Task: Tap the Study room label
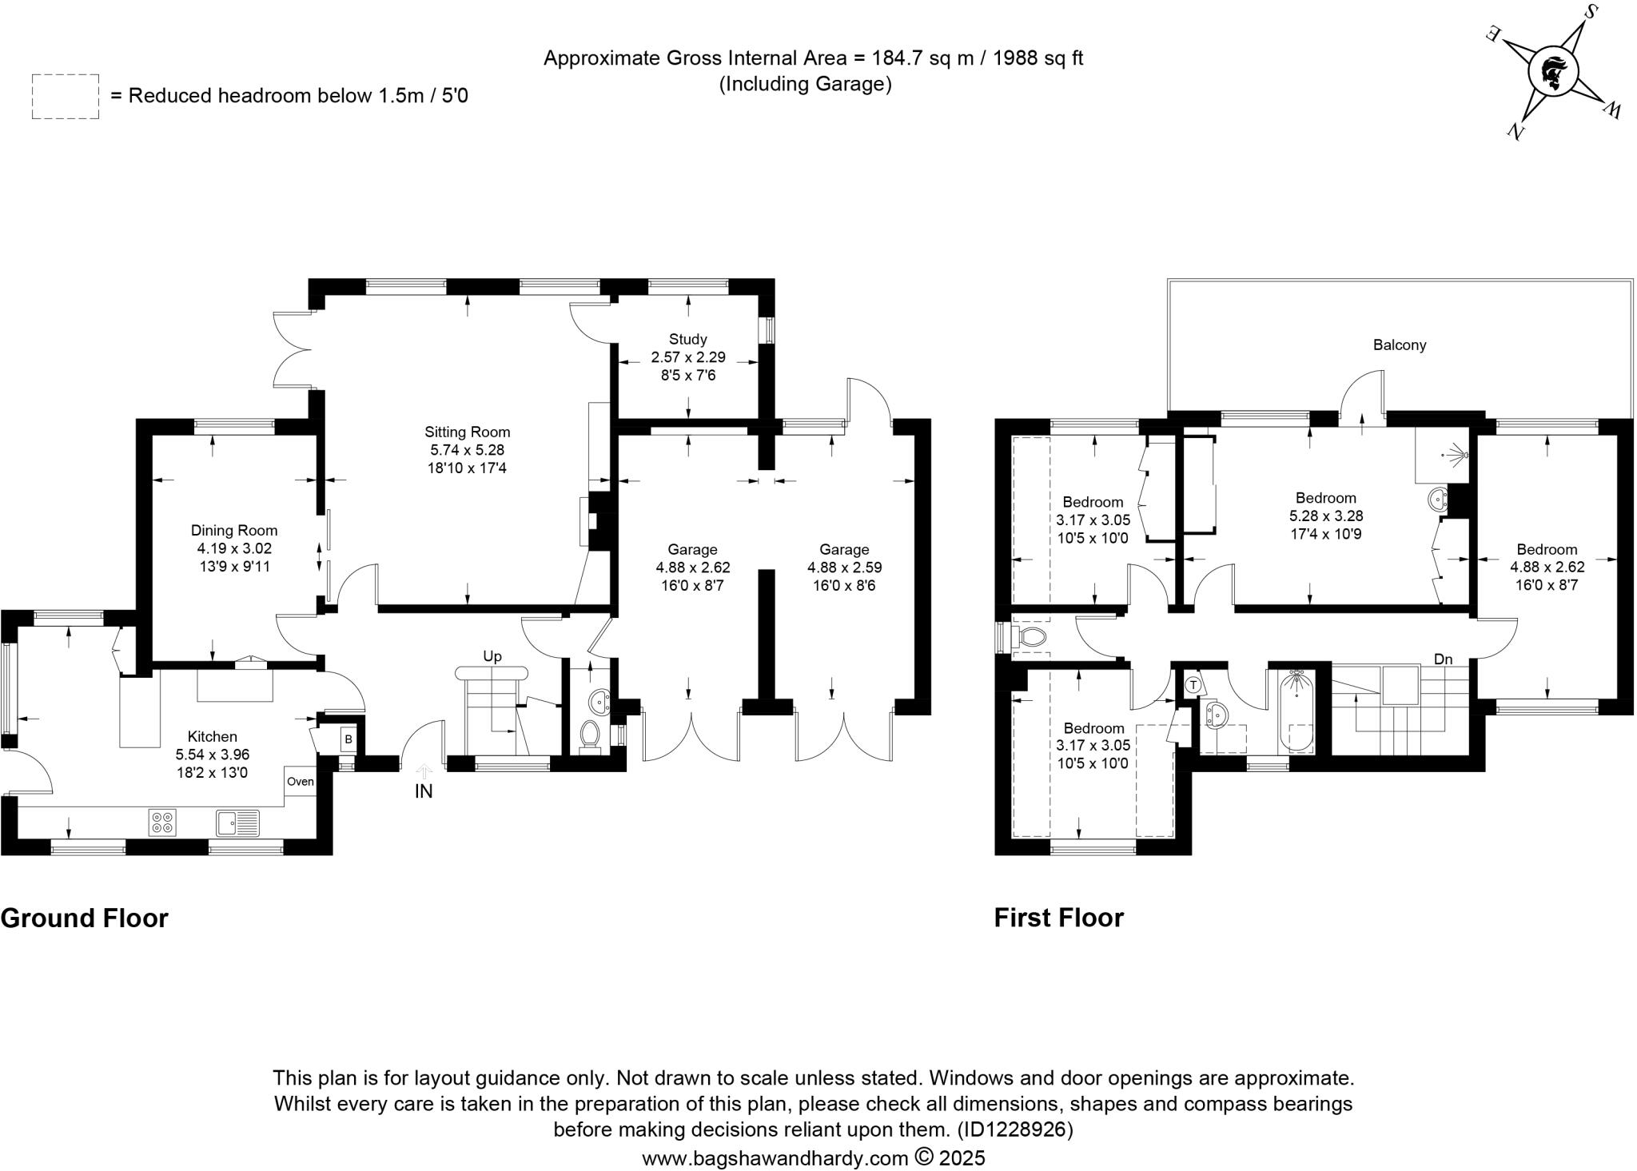[x=687, y=340]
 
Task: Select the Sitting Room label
[x=467, y=432]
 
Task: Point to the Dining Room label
[x=234, y=530]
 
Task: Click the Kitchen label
[x=212, y=737]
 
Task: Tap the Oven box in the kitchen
[x=301, y=782]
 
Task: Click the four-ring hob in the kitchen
[x=162, y=822]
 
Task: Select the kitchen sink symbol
[x=237, y=822]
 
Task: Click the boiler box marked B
[x=349, y=739]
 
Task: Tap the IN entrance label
[x=424, y=791]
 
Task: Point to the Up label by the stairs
[x=492, y=656]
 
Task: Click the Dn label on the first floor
[x=1443, y=659]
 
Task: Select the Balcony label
[x=1400, y=345]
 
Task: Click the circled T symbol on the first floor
[x=1193, y=685]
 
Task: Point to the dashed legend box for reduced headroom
[x=66, y=97]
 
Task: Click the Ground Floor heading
[x=85, y=918]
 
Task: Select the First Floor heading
[x=1058, y=918]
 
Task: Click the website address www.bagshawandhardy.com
[x=775, y=1157]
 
